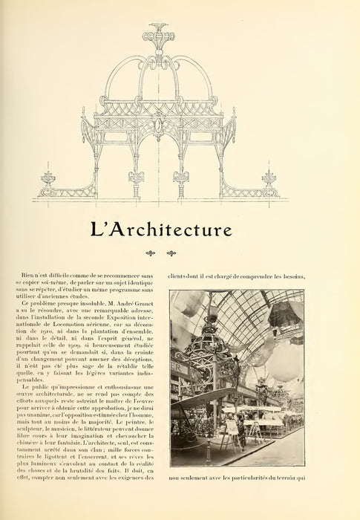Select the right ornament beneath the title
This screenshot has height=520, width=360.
(x=171, y=253)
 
